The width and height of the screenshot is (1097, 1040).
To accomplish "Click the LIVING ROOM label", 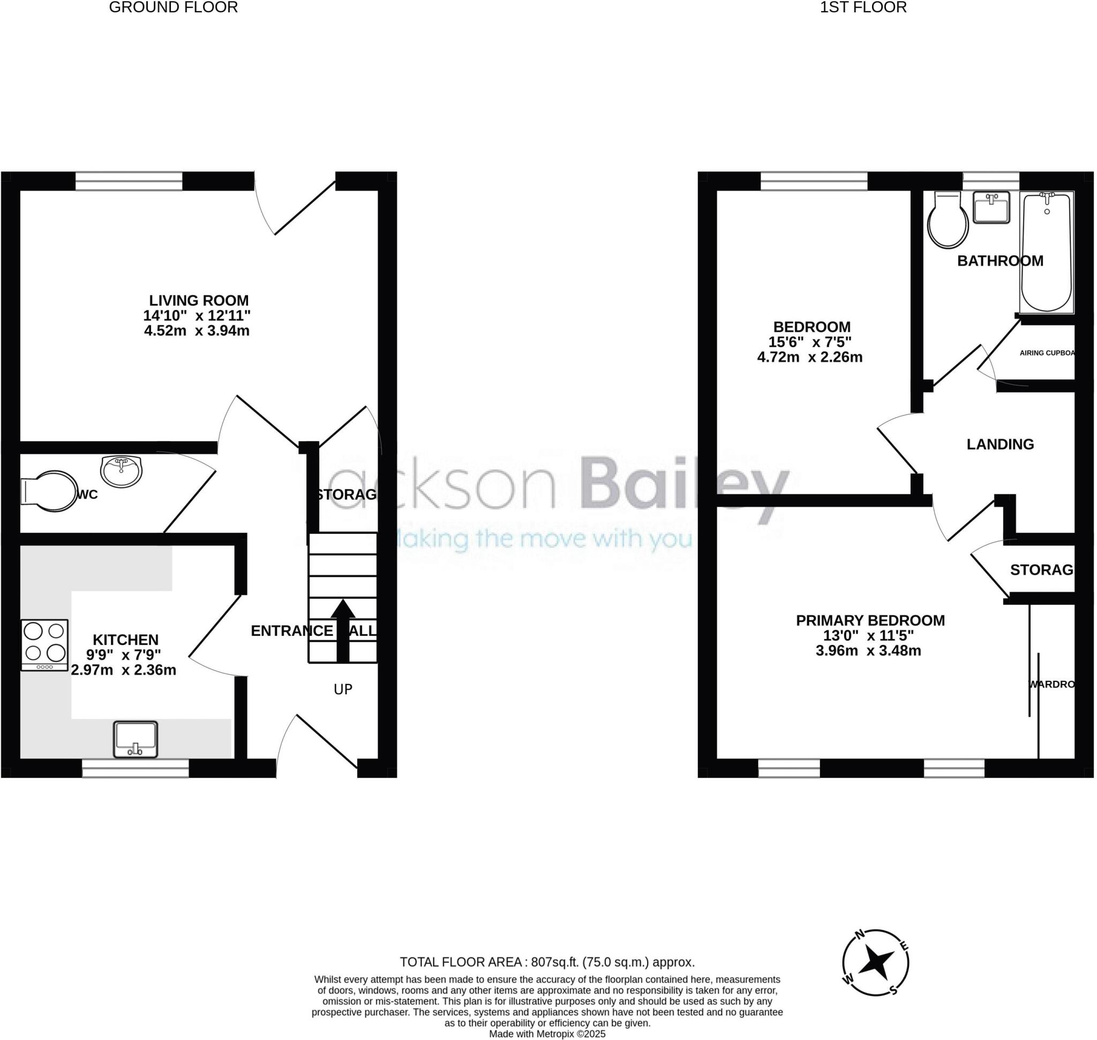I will click(x=199, y=300).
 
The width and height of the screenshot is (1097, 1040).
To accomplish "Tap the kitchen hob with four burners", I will click(x=45, y=645).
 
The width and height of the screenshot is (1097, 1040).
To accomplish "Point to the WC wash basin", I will click(x=122, y=471).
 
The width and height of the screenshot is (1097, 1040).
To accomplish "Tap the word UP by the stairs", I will click(x=343, y=689).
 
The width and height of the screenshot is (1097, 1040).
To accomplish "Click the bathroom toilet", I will click(x=949, y=221).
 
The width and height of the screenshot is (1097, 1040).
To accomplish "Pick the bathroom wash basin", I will click(x=991, y=208).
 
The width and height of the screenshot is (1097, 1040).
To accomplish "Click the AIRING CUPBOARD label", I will click(x=1047, y=353).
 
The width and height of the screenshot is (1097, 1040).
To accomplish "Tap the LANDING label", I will click(x=1000, y=444).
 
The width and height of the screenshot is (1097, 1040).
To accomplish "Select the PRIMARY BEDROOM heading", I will click(x=870, y=620).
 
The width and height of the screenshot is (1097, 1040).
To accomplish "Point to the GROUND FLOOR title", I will click(x=174, y=7).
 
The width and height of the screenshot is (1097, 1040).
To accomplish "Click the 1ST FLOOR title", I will click(x=863, y=7).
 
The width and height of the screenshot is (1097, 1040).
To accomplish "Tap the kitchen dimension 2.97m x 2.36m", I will click(x=124, y=670).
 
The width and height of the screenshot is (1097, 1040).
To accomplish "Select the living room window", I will click(x=129, y=181).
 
